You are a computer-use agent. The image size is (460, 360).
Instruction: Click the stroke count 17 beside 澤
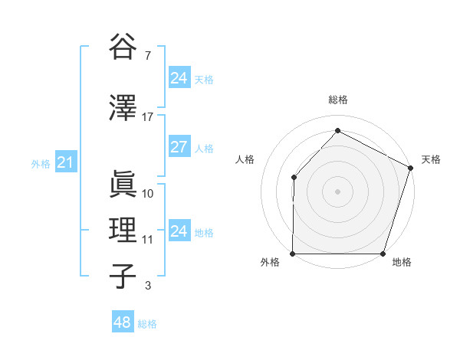[x=148, y=117]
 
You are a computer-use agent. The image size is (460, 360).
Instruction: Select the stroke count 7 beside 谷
[x=148, y=56]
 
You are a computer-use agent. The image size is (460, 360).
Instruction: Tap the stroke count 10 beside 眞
[x=148, y=193]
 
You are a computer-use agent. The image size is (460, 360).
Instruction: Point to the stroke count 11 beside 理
[x=148, y=240]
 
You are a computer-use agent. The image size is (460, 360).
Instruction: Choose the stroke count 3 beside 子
[x=148, y=286]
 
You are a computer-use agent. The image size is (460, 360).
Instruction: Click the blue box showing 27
[x=179, y=147]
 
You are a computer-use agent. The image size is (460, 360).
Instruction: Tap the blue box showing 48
[x=122, y=322]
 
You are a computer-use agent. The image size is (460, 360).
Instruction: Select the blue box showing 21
[x=65, y=162]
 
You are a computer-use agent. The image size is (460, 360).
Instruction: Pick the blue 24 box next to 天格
[x=179, y=78]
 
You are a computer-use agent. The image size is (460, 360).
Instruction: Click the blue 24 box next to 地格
[x=179, y=231]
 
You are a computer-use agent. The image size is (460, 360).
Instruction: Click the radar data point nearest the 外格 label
[x=293, y=254]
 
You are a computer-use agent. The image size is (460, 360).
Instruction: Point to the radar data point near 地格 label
[x=383, y=254]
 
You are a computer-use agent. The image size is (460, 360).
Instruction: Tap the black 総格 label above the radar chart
[x=338, y=100]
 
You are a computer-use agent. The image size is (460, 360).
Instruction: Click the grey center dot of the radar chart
[x=338, y=191]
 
